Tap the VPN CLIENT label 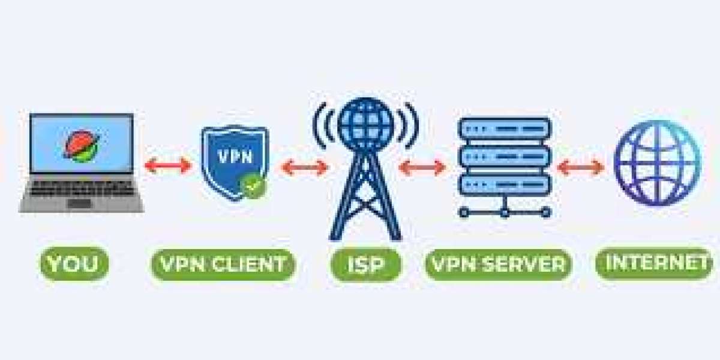click(x=223, y=265)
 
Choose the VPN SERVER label click(x=498, y=265)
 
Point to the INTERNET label click(x=655, y=263)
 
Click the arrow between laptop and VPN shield click(x=168, y=165)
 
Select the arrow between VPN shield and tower click(x=305, y=167)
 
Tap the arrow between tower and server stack click(x=422, y=167)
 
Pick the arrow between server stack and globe click(x=580, y=167)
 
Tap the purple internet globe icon click(x=657, y=163)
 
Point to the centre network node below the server click(x=505, y=212)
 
